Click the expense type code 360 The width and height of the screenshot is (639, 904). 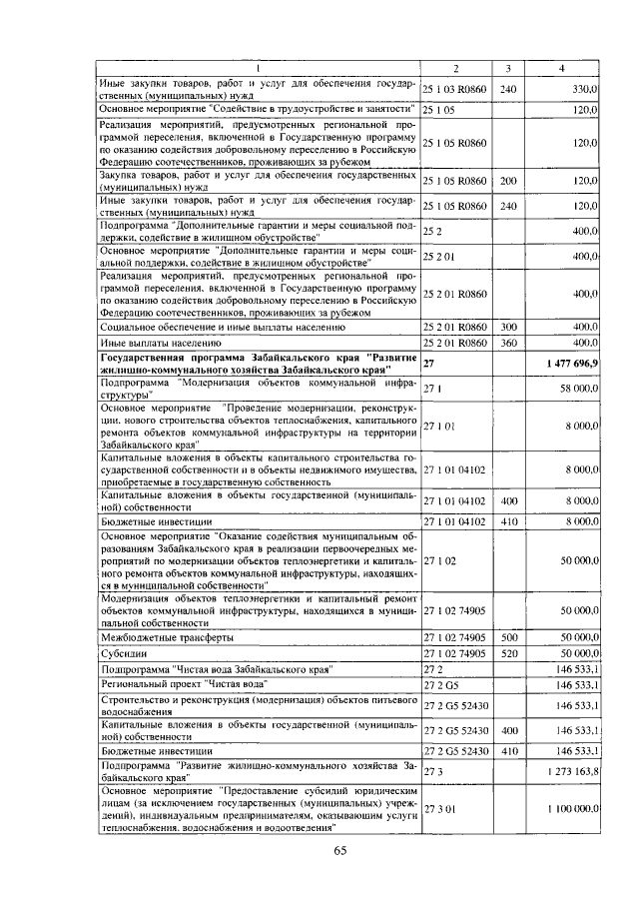pyautogui.click(x=507, y=343)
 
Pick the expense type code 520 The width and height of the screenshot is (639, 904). pyautogui.click(x=507, y=652)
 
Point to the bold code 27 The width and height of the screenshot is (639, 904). pyautogui.click(x=429, y=364)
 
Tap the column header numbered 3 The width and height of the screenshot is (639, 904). pyautogui.click(x=507, y=68)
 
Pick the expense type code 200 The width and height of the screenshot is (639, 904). pyautogui.click(x=507, y=181)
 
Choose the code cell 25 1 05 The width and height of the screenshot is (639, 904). pyautogui.click(x=439, y=109)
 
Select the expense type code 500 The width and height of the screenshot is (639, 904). pyautogui.click(x=507, y=636)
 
